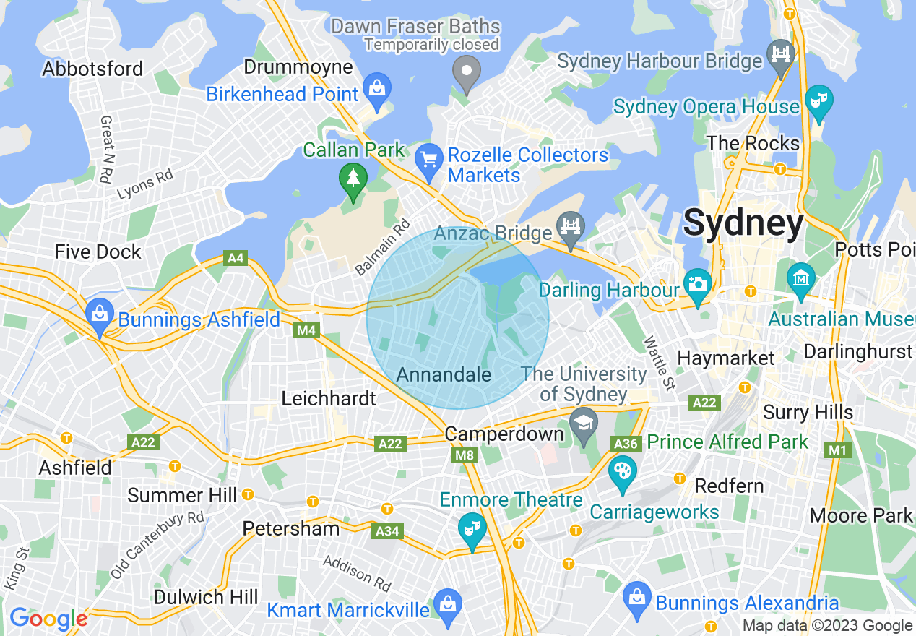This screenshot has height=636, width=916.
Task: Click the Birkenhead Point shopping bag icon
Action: [x=376, y=88]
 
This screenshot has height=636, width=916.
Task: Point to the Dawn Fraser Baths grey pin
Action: [x=467, y=72]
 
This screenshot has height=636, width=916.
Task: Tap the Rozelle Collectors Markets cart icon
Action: [x=429, y=157]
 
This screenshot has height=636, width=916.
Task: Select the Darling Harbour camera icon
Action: [x=698, y=283]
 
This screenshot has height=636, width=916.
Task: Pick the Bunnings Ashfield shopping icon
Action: [x=98, y=313]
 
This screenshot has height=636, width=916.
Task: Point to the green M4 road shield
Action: [x=306, y=330]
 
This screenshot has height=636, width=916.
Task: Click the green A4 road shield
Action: [x=236, y=258]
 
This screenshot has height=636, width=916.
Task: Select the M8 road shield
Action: [x=465, y=455]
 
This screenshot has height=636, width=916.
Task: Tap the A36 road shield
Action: [x=625, y=443]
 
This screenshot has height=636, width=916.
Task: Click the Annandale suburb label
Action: [x=444, y=374]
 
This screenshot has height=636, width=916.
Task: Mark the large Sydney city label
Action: [x=743, y=222]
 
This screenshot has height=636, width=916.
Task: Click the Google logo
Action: [x=48, y=619]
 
